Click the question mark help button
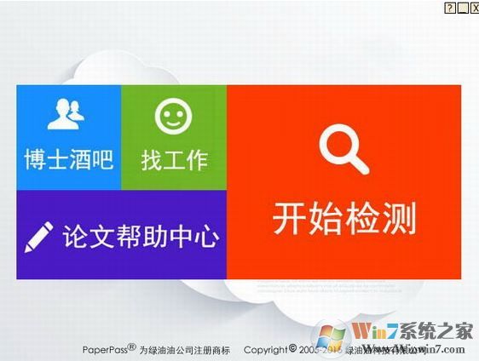450,7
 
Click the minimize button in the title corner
462,7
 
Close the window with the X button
474,7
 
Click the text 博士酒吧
68,160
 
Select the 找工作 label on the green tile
174,160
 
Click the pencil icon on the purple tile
39,236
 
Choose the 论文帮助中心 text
141,236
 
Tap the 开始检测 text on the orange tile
344,219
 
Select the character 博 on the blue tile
36,160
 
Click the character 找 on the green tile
152,160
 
